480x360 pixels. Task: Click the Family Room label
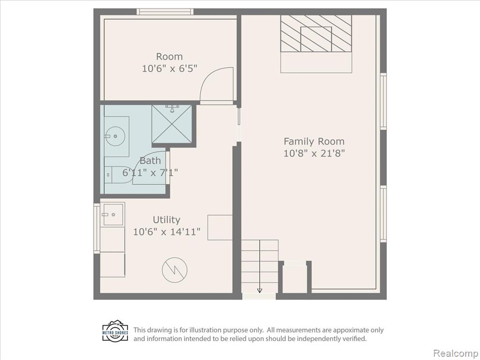pyautogui.click(x=314, y=142)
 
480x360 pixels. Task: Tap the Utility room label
pyautogui.click(x=166, y=220)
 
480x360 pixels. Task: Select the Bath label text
pyautogui.click(x=150, y=160)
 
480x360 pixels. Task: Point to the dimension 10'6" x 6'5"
pyautogui.click(x=170, y=68)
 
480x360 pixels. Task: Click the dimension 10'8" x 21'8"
pyautogui.click(x=314, y=153)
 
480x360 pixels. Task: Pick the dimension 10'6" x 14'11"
pyautogui.click(x=167, y=232)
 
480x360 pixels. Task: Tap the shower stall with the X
pyautogui.click(x=172, y=124)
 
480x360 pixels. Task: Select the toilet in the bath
pyautogui.click(x=118, y=175)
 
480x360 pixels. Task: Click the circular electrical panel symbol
pyautogui.click(x=174, y=270)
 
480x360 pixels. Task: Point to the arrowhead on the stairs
pyautogui.click(x=260, y=290)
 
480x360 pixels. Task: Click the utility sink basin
pyautogui.click(x=112, y=214)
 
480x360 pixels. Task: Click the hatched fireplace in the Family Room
pyautogui.click(x=316, y=33)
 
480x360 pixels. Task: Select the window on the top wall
pyautogui.click(x=165, y=12)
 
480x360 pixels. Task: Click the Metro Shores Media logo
pyautogui.click(x=115, y=331)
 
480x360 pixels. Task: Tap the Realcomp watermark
pyautogui.click(x=455, y=353)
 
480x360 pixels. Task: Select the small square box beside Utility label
pyautogui.click(x=220, y=227)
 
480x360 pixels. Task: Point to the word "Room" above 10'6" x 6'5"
pyautogui.click(x=169, y=57)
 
